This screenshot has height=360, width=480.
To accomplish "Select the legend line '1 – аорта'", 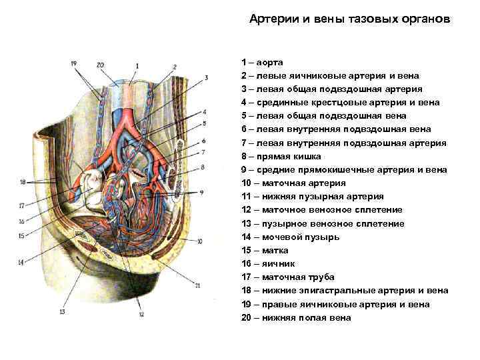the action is [263, 61].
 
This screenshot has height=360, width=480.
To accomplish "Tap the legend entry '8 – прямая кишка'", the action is [281, 156].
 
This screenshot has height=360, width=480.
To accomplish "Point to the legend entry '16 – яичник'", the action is [269, 264].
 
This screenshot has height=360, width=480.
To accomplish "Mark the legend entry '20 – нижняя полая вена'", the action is [296, 318].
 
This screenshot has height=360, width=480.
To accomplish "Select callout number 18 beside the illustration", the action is [23, 182].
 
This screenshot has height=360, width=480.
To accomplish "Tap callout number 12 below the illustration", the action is [141, 313].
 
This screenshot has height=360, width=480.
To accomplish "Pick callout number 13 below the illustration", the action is [63, 311].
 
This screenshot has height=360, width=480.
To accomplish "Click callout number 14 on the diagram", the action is [21, 263].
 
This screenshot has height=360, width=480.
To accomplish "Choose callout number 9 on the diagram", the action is [201, 192].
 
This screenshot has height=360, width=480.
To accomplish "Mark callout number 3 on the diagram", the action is [207, 77].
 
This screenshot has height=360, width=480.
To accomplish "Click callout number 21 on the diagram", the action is [197, 285].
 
